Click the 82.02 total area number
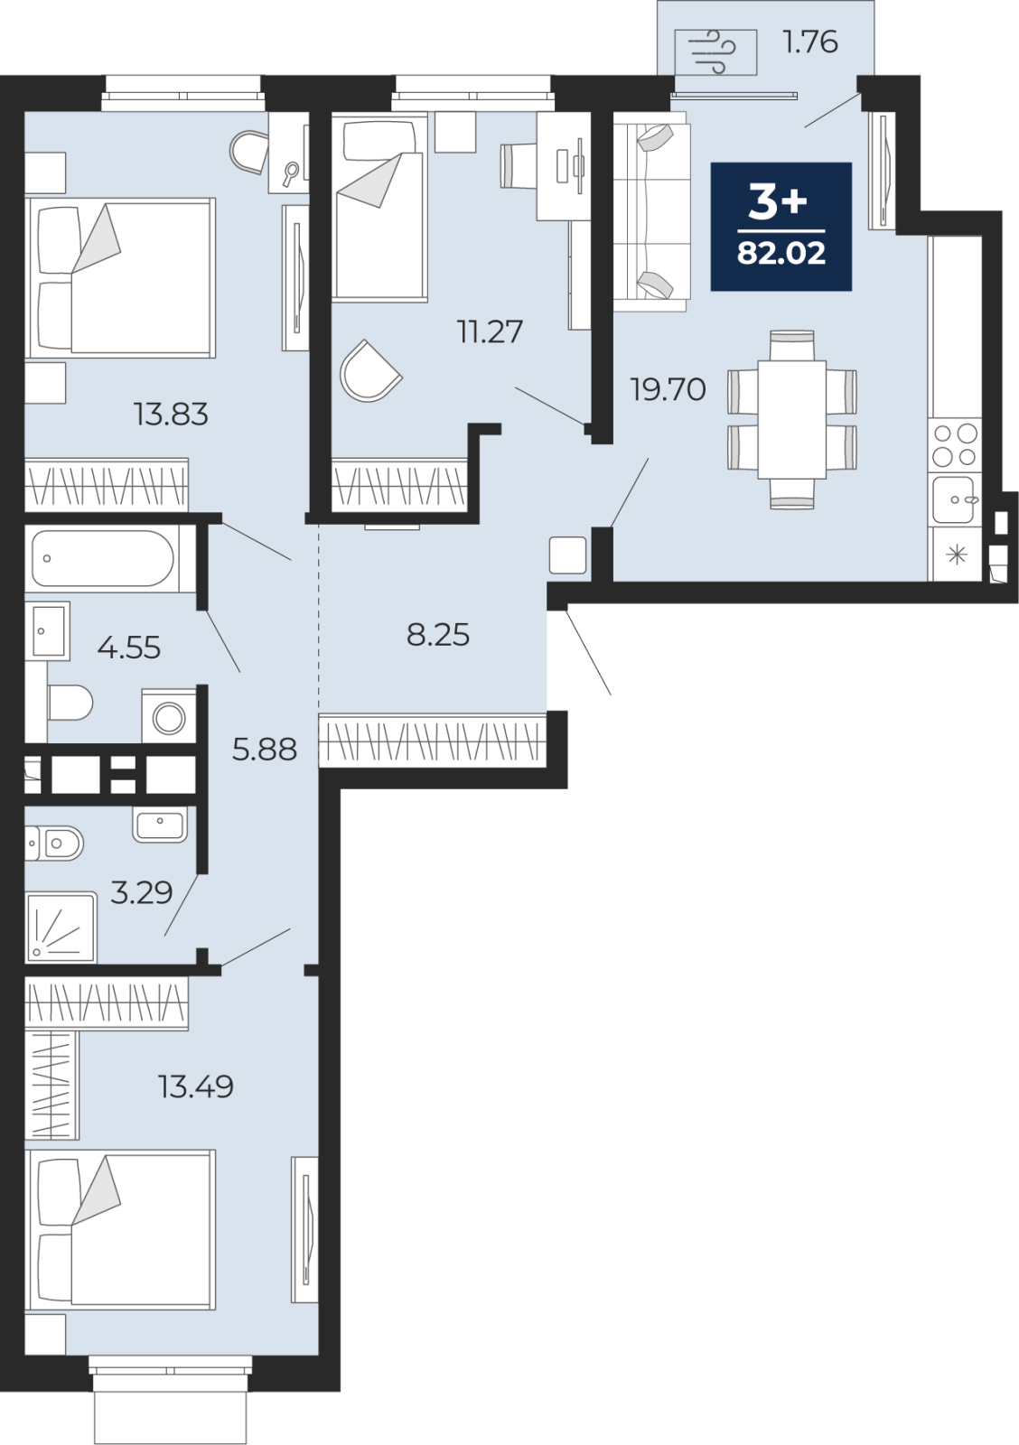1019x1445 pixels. (781, 253)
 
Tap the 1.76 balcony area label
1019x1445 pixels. (810, 42)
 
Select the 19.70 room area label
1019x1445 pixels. (668, 389)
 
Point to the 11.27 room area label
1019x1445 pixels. (490, 331)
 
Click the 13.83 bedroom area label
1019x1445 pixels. (171, 415)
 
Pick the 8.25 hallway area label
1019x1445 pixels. (438, 635)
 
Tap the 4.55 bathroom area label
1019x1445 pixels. (129, 647)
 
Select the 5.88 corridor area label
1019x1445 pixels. (265, 750)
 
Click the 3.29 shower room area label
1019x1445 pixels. (142, 893)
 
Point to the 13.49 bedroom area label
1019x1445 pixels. (195, 1086)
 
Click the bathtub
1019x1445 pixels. (103, 558)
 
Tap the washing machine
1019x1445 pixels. (169, 716)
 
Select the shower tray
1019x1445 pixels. (61, 928)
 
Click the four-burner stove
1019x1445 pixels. (955, 445)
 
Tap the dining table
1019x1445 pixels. (792, 420)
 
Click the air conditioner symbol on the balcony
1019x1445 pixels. (715, 52)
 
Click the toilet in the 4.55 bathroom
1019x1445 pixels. (70, 704)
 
